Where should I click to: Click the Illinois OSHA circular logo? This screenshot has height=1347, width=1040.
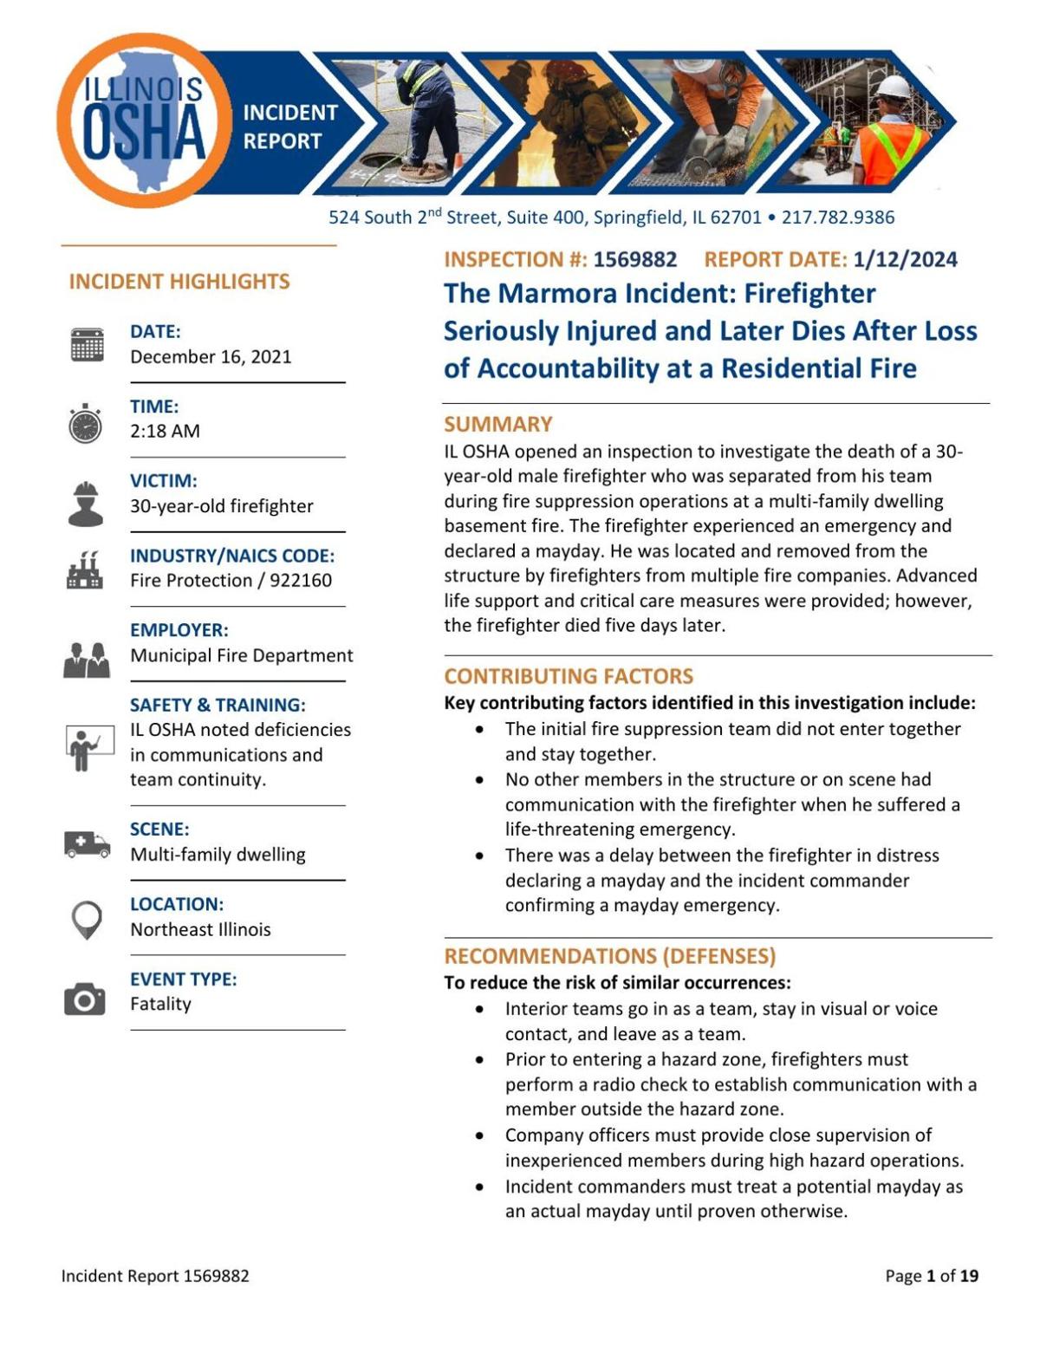[143, 121]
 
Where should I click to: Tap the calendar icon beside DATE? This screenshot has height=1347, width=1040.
[87, 344]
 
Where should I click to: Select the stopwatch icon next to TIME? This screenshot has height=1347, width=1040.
[86, 424]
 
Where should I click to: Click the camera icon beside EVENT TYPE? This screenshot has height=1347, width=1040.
[85, 999]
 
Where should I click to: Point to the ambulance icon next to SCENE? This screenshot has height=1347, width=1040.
[87, 843]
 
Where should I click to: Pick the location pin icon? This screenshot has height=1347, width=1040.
[87, 919]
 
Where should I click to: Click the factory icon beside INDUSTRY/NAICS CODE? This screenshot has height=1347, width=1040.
[85, 569]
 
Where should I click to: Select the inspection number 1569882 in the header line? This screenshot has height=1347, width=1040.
[634, 259]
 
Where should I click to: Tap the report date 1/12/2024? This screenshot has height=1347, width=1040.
[905, 259]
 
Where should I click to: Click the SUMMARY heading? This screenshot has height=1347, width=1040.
[498, 424]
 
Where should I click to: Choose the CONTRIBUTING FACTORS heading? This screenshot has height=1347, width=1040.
[569, 676]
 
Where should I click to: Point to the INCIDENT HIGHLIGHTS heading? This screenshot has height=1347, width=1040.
[179, 282]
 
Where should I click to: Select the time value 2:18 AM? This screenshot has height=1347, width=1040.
[165, 431]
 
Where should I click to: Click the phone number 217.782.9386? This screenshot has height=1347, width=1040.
[838, 218]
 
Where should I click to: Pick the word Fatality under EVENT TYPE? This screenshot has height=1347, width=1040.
[160, 1004]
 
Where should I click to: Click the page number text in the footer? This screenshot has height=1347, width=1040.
[932, 1276]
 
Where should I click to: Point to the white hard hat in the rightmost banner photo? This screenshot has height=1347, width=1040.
[893, 88]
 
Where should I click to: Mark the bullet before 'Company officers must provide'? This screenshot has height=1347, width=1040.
[480, 1136]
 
